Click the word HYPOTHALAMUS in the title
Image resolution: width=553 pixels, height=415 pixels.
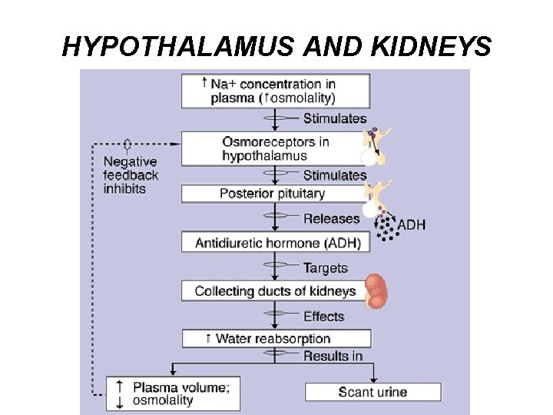[178, 48]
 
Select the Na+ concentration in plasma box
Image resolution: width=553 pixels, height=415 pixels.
[276, 91]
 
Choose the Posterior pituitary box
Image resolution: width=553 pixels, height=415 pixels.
[273, 194]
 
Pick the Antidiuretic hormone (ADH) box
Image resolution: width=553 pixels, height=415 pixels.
[276, 243]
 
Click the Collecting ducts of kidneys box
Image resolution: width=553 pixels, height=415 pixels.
[275, 291]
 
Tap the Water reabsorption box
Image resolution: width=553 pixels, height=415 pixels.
[276, 339]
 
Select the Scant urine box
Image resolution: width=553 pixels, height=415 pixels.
[373, 392]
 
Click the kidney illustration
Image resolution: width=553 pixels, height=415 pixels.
[376, 291]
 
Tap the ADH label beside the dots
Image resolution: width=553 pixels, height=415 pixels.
[411, 225]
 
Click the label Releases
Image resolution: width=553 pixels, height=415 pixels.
[331, 218]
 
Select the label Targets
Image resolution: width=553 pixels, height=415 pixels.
[325, 268]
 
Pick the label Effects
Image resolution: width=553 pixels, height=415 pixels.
[323, 316]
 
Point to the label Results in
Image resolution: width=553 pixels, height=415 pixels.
[333, 356]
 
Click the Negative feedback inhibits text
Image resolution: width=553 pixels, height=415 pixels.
[131, 175]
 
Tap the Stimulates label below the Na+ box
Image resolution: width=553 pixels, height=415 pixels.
[335, 118]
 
